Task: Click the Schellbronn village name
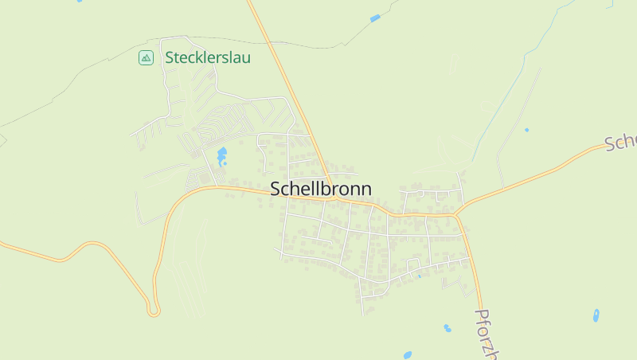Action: point(321,189)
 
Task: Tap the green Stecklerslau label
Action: point(208,57)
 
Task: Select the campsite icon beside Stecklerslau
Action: point(146,57)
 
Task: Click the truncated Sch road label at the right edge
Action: point(621,141)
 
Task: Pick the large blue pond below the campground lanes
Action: point(221,155)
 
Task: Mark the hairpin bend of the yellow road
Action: point(154,308)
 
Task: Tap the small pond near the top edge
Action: point(375,18)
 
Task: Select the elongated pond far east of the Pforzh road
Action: point(596,315)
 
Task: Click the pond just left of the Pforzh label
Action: point(447,327)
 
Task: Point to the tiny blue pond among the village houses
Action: point(419,276)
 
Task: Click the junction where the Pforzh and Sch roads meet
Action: point(457,213)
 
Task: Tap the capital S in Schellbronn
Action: point(276,189)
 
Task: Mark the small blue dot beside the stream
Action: point(526,130)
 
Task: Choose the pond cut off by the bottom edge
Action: point(408,354)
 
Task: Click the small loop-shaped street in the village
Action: point(412,264)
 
